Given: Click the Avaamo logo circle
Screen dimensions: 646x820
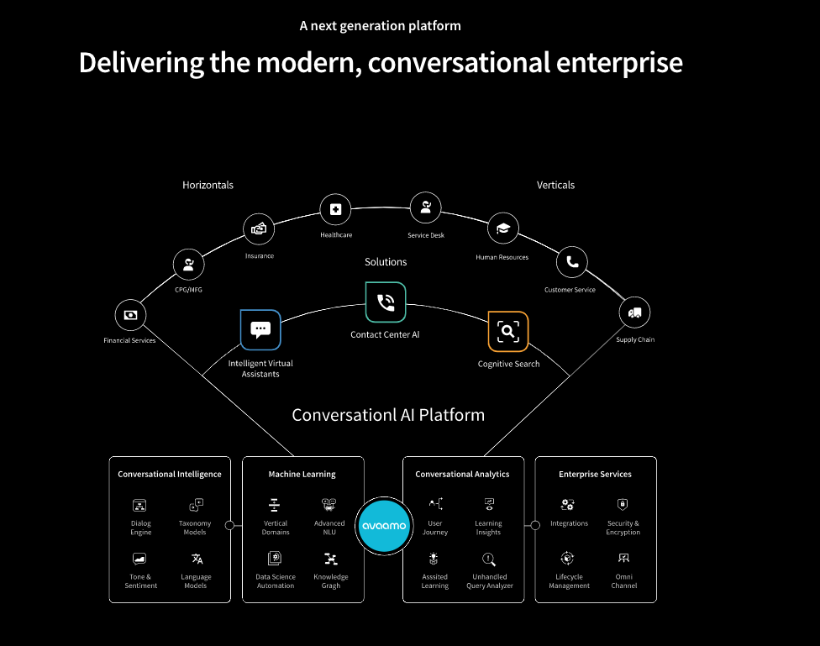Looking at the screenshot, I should pos(384,526).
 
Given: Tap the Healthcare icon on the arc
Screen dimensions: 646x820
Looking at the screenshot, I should pos(335,209).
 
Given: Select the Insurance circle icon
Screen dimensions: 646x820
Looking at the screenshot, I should pos(259,228).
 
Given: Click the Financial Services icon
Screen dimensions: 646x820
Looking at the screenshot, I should pos(130,315).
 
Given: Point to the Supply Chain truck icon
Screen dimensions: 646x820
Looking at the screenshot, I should pos(635,313).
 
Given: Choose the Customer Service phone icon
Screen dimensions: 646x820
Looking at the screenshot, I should pos(572,262).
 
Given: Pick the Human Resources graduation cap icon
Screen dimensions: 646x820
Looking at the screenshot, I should pos(503,228).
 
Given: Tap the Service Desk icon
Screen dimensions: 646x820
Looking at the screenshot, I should pos(425,207).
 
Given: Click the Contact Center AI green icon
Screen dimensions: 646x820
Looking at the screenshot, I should pos(386,302).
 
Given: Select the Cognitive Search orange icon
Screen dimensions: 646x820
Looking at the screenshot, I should pos(508,332).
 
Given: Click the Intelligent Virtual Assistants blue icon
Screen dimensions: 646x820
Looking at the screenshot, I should pos(260,329).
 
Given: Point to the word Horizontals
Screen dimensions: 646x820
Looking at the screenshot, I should pos(208,185).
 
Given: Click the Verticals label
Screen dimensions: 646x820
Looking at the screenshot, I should pos(555,185).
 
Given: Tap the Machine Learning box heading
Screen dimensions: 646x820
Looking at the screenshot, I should pos(302,475).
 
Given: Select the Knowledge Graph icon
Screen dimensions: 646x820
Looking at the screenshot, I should pos(330,559).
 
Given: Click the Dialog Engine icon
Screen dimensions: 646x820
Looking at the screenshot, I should pos(140,506).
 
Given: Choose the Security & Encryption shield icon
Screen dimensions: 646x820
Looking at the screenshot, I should pos(623,505).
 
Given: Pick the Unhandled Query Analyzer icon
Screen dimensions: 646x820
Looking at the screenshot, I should pos(489,559).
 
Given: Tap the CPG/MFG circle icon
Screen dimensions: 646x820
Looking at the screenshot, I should pos(188,265).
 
